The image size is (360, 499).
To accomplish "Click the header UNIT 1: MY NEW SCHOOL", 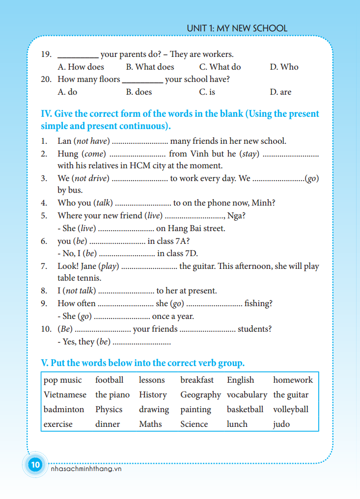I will [237, 28].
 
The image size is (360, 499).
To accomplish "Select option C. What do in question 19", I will [220, 67].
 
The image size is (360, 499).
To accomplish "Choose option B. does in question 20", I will [139, 92].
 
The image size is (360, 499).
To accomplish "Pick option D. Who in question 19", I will [284, 67].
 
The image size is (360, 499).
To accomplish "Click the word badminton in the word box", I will [64, 409].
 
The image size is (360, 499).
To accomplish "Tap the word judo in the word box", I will [281, 424].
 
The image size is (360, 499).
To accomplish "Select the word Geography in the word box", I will [200, 394].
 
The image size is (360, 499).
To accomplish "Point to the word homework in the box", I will [293, 380].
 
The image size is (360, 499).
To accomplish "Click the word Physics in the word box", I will [109, 409].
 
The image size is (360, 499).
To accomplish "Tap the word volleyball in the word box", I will [291, 409].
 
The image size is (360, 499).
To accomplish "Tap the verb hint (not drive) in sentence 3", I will [90, 178].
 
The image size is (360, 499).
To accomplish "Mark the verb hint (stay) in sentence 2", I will [249, 154].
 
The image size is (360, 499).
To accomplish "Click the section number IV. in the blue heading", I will [46, 114].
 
